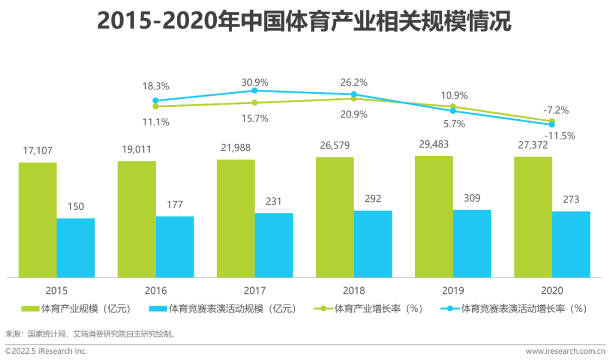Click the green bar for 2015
(37, 220)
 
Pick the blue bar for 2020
(571, 244)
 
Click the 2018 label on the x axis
(354, 290)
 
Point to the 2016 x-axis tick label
(156, 290)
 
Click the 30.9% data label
(254, 82)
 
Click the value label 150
(75, 206)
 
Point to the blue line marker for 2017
(255, 90)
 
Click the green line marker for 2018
(354, 98)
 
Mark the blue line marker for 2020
(552, 124)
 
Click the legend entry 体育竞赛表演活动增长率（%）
(514, 309)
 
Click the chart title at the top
(304, 22)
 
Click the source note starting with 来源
(90, 333)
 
